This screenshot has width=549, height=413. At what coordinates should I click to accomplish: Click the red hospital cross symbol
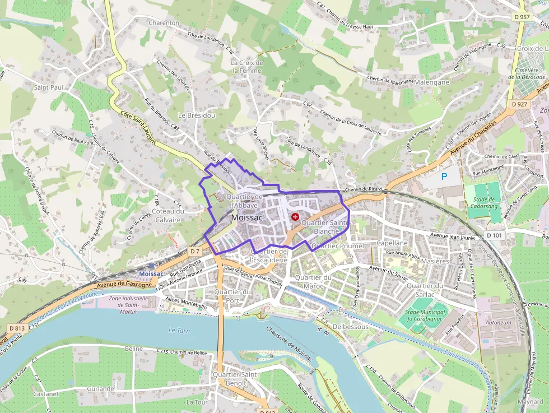295,217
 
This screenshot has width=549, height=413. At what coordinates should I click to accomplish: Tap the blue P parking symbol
444,177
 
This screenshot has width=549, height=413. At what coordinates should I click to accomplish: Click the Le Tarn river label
180,331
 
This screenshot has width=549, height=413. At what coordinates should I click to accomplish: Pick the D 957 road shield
521,17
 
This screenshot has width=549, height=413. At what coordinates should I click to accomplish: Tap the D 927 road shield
520,104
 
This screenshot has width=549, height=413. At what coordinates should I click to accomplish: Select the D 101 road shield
495,236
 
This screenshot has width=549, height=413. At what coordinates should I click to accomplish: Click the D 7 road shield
194,252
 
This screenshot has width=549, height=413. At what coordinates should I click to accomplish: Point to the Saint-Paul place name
49,87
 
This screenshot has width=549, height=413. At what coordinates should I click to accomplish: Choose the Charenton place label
164,23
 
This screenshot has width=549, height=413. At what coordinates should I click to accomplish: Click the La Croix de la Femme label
246,67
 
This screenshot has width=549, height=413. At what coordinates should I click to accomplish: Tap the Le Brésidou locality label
189,115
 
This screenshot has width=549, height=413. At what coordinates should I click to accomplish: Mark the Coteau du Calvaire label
168,215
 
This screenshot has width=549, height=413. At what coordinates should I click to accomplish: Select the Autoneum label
498,323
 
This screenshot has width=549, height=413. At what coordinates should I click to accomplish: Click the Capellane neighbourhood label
392,243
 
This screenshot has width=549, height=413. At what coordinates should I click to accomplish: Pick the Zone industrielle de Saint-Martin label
128,304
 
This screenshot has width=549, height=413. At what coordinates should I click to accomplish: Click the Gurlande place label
100,388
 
